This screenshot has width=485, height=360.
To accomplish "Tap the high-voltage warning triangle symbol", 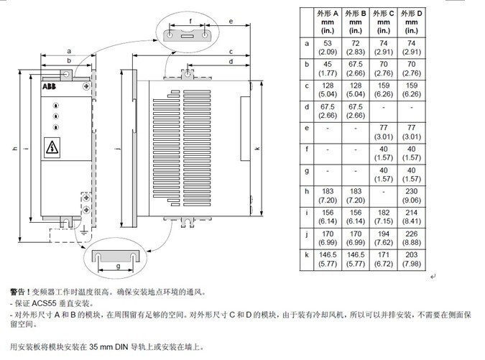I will [54, 148].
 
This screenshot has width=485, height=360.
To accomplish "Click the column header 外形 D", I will [410, 22].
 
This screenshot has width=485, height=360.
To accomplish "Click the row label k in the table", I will [307, 255].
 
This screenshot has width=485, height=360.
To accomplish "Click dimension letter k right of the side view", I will [257, 149].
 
